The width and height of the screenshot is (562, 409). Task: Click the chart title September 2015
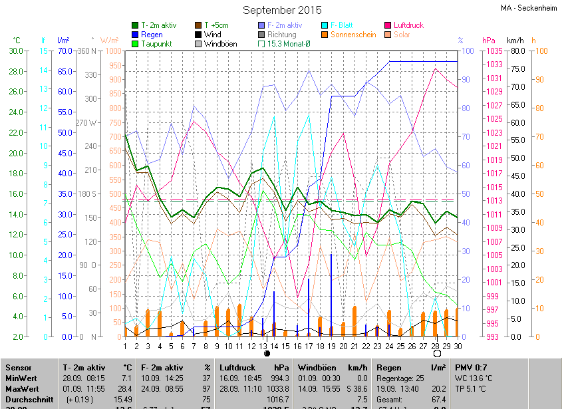pyautogui.click(x=281, y=10)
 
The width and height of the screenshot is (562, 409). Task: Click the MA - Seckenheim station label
pyautogui.click(x=529, y=8)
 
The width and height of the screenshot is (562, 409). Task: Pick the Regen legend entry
pyautogui.click(x=152, y=35)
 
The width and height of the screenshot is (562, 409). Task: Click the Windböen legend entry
pyautogui.click(x=220, y=44)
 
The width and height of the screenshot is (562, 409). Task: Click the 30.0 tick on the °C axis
pyautogui.click(x=15, y=51)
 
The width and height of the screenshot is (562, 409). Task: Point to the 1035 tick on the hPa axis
pyautogui.click(x=493, y=51)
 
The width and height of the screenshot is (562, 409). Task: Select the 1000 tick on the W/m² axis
pyautogui.click(x=112, y=51)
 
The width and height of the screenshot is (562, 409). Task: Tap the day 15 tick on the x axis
pyautogui.click(x=285, y=346)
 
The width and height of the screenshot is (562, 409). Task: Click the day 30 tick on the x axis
pyautogui.click(x=458, y=346)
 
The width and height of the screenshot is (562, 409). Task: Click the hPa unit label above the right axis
pyautogui.click(x=489, y=41)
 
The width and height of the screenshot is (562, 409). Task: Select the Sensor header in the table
pyautogui.click(x=19, y=367)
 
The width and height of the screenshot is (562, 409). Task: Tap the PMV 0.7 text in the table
pyautogui.click(x=471, y=367)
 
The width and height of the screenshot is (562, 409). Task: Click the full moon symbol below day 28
pyautogui.click(x=437, y=354)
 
